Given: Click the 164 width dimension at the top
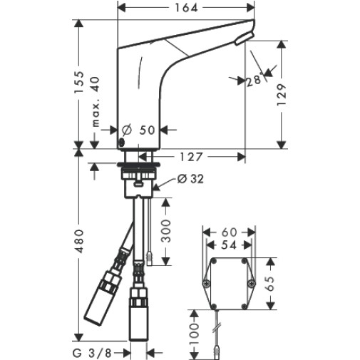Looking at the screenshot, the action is [186, 8].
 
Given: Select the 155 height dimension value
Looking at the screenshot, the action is [79, 82].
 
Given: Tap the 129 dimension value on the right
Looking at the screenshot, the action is [282, 95].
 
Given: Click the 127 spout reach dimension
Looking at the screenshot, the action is [191, 157].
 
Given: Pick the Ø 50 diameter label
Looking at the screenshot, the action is [138, 130].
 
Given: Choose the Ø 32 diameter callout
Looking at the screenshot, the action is [190, 179].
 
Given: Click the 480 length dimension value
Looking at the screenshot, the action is [79, 241].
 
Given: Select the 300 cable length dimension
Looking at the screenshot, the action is [165, 231].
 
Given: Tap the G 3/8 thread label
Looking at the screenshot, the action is [92, 354].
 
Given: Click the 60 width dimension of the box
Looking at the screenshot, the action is [229, 232].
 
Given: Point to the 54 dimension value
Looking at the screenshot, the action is [229, 245].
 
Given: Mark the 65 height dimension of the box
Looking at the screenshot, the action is [270, 284].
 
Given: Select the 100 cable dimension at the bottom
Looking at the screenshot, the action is [194, 330].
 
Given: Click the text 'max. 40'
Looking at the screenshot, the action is [96, 101].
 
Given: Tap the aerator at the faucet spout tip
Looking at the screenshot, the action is [244, 38].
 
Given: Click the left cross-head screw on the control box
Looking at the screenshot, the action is [206, 283].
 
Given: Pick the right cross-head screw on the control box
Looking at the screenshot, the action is [252, 283].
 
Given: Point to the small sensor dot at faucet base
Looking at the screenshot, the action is [122, 142].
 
